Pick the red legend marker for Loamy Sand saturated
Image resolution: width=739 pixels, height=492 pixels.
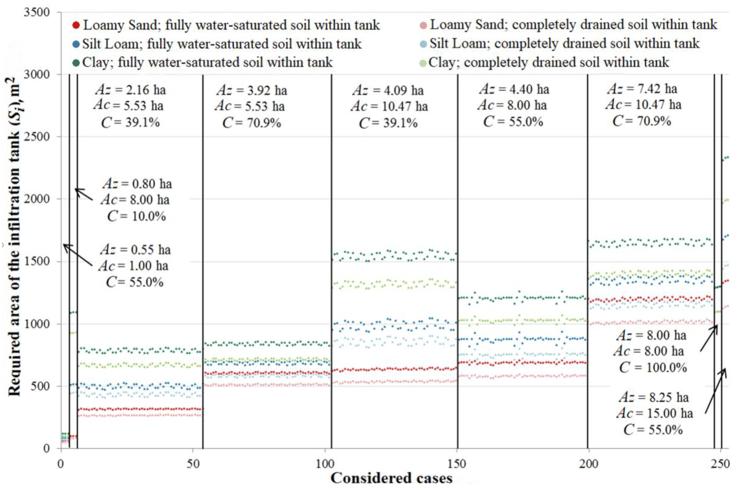pyautogui.click(x=76, y=25)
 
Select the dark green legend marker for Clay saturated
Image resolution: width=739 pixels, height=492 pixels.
pyautogui.click(x=76, y=63)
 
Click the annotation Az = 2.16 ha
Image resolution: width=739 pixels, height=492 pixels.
pyautogui.click(x=130, y=90)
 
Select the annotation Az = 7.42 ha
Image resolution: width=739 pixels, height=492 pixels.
pyautogui.click(x=642, y=89)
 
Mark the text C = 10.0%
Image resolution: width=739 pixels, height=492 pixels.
pyautogui.click(x=136, y=216)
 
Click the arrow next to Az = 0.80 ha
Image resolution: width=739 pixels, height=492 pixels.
pyautogui.click(x=84, y=194)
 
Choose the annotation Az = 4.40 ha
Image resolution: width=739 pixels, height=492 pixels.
pyautogui.click(x=514, y=89)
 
